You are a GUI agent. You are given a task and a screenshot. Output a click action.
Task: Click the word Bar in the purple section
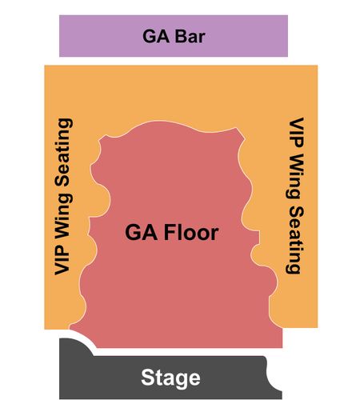click(190, 36)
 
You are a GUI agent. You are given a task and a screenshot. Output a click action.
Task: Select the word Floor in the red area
click(191, 232)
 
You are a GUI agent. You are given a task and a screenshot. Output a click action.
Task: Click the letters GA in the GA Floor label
click(141, 233)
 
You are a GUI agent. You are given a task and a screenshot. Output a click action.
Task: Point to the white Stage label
click(170, 378)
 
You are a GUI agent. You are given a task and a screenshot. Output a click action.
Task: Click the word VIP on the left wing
click(62, 259)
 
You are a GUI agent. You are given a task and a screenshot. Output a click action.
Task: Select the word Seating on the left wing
click(63, 152)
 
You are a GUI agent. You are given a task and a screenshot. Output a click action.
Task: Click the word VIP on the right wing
click(296, 133)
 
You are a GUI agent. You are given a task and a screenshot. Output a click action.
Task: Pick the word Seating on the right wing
click(295, 240)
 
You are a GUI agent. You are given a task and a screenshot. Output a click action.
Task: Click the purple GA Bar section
click(174, 36)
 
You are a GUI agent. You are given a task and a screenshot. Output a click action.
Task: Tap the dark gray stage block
click(170, 378)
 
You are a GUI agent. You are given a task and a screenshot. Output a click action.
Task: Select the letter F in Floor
click(170, 232)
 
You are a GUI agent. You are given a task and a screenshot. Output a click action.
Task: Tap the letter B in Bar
click(181, 36)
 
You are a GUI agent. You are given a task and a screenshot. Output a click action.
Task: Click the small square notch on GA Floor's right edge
click(256, 238)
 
